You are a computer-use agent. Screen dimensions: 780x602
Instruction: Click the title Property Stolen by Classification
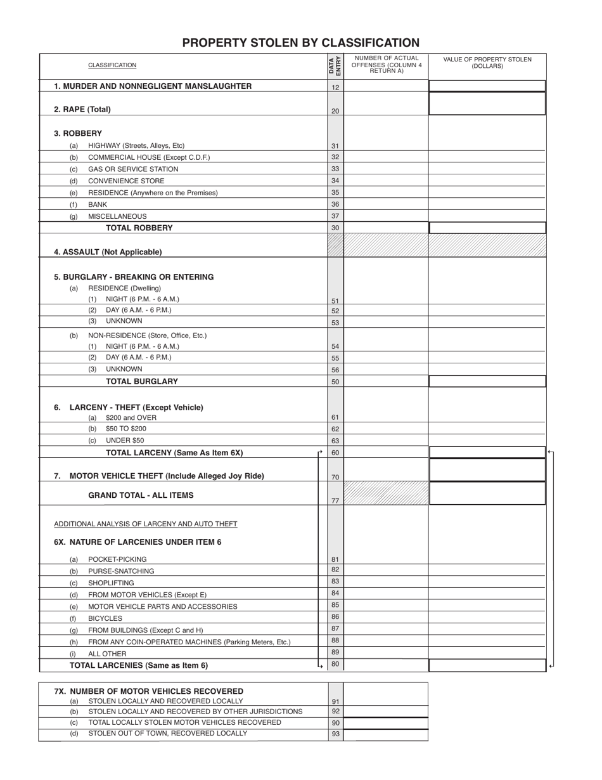point(300,43)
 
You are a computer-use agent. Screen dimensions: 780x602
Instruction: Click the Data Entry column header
point(335,66)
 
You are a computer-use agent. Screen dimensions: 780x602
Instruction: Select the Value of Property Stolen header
point(487,63)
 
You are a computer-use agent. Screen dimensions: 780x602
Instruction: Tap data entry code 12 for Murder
point(335,88)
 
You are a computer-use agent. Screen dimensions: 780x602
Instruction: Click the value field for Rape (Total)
point(487,104)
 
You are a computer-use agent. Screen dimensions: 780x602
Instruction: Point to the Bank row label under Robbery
point(98,205)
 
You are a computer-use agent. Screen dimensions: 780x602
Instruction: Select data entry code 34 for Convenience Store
point(335,181)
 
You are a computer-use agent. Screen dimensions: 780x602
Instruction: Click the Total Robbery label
point(139,228)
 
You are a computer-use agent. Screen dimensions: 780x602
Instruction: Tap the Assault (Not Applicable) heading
point(108,252)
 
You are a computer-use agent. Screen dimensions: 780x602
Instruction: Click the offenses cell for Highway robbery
point(386,146)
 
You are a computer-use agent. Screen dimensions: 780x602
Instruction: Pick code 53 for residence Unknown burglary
point(335,323)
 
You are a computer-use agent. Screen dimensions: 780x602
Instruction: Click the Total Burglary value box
point(487,381)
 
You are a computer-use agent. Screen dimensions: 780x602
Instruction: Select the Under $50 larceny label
point(125,440)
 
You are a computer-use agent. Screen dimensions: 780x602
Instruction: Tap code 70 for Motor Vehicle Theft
point(335,477)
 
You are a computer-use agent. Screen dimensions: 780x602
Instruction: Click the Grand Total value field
point(487,493)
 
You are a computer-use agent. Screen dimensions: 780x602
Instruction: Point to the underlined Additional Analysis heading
point(146,524)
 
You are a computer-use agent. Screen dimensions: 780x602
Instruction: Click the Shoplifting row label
point(111,583)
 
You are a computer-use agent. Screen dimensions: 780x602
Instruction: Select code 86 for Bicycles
point(335,616)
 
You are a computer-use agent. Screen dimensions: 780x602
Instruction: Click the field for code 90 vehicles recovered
point(385,723)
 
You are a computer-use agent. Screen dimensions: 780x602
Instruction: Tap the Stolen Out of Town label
point(167,734)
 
